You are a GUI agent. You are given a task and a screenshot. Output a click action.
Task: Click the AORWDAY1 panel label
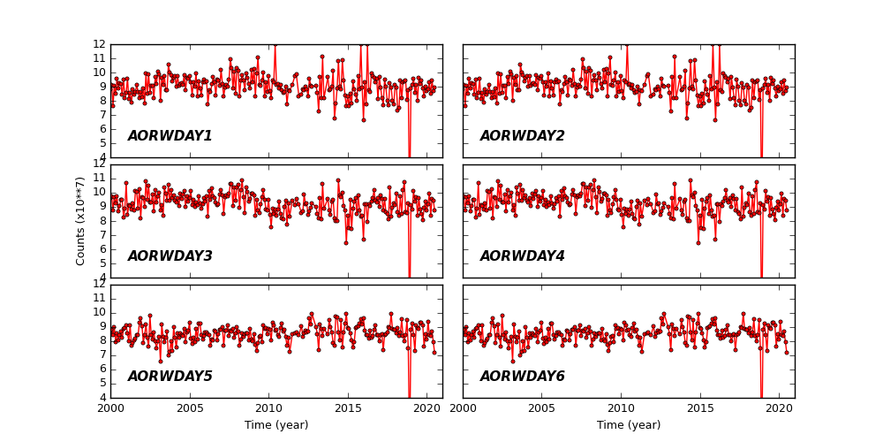(170, 136)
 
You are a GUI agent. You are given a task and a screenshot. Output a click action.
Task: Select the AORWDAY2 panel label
(522, 136)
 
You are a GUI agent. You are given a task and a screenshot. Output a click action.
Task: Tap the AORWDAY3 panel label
(170, 256)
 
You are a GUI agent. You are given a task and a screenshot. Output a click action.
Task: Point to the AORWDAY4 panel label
(522, 256)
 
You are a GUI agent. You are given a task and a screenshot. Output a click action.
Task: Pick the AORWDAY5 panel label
(170, 377)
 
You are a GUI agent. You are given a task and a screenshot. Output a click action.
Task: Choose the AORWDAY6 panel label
(522, 377)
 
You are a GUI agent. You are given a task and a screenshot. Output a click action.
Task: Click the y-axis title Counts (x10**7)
(80, 221)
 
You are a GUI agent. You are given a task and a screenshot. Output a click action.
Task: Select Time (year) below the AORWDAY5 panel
(276, 425)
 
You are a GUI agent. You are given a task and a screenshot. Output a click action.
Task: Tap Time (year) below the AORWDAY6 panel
(629, 425)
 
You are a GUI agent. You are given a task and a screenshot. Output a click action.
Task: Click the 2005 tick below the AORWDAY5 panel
(190, 408)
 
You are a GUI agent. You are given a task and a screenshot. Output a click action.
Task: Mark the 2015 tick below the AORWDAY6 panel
(700, 408)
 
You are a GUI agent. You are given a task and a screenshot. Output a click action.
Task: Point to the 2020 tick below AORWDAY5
(426, 408)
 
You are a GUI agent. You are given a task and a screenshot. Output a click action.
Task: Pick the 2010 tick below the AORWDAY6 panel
(621, 408)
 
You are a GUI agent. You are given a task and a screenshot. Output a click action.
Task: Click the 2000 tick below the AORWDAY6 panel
(464, 408)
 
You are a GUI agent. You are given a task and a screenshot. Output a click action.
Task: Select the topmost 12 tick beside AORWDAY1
(101, 44)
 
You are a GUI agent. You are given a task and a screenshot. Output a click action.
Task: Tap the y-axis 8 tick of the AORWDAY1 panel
(102, 101)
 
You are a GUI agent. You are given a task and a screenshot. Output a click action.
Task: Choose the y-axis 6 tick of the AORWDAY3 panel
(102, 249)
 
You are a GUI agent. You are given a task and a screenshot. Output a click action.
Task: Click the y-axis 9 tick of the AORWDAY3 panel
(102, 207)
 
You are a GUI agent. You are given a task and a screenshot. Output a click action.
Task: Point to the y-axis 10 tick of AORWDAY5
(101, 312)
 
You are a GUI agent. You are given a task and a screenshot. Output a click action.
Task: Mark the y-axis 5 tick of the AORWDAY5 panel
(102, 383)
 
